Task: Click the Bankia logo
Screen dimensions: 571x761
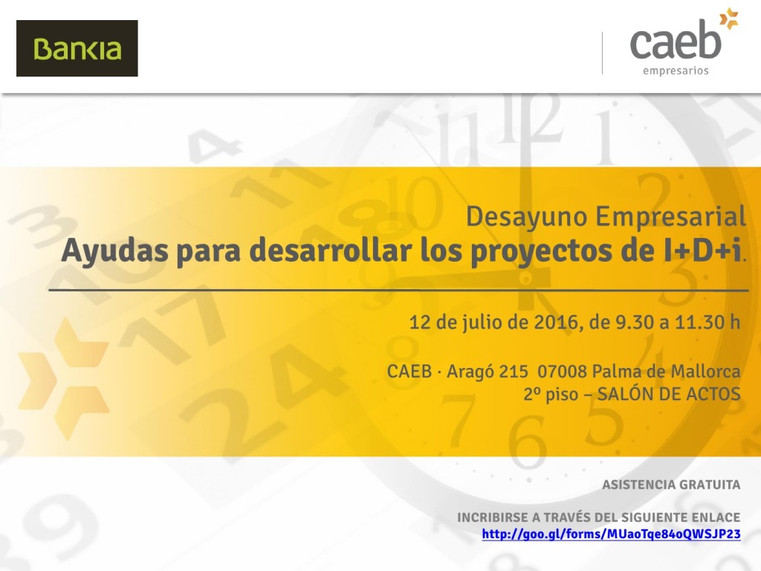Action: tap(77, 48)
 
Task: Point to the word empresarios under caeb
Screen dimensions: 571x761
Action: tap(676, 71)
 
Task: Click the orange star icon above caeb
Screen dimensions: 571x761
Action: tap(729, 19)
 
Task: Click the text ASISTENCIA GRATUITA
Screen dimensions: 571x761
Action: tap(671, 485)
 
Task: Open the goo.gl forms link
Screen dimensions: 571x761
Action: tap(611, 534)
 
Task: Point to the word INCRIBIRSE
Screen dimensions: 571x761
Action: tap(493, 517)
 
